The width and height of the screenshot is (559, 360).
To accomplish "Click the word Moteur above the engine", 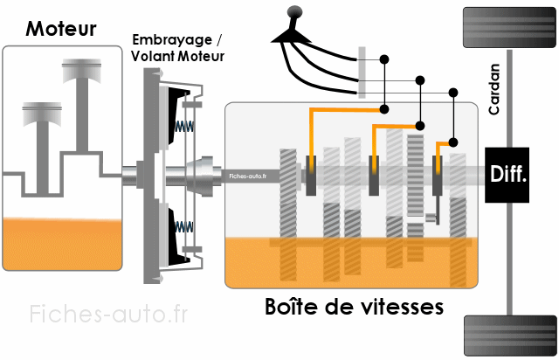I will click(x=61, y=28).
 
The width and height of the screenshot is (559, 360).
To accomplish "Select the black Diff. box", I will click(x=508, y=174).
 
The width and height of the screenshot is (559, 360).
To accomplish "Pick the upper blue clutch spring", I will click(x=182, y=125).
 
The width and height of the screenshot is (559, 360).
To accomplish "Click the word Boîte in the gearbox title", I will click(x=292, y=308).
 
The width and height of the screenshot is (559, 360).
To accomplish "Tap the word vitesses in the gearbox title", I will click(x=402, y=308).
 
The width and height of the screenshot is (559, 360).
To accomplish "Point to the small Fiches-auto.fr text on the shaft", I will click(x=248, y=175).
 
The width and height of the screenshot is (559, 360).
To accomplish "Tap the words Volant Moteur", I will click(x=177, y=56).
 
